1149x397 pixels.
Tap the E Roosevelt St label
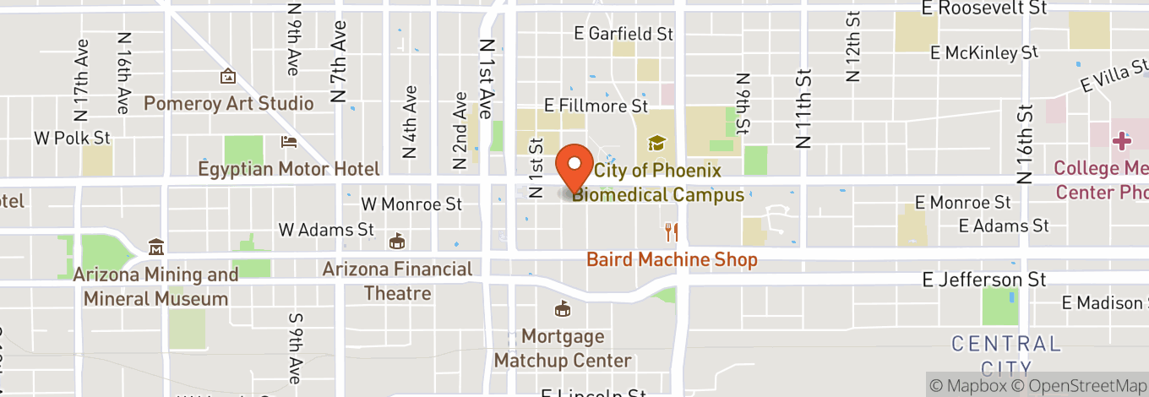[984, 8]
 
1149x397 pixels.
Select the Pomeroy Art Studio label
[228, 104]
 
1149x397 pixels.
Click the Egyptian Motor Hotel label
[289, 169]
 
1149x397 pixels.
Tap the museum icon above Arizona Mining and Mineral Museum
[155, 248]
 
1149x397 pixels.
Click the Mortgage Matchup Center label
[563, 348]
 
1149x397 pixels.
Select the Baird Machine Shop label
[672, 259]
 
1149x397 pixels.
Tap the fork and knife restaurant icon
[672, 231]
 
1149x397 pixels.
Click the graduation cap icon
[656, 144]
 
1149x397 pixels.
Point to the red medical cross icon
[1122, 141]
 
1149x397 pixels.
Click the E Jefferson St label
[985, 280]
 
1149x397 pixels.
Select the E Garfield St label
[624, 34]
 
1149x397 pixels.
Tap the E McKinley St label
[984, 53]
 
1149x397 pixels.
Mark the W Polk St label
[72, 137]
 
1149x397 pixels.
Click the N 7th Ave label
[340, 61]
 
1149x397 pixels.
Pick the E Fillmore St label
[596, 106]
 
